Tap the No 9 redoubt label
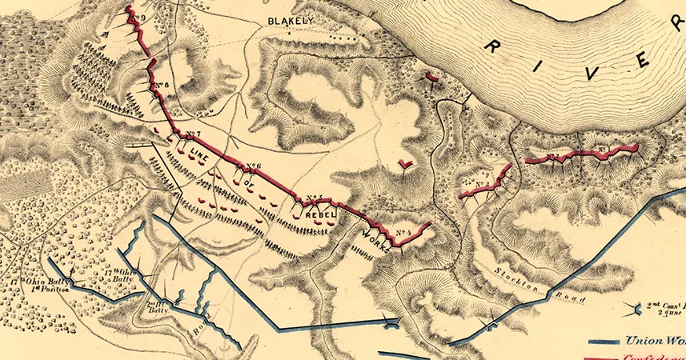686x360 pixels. [140, 14]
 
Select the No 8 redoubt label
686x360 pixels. [166, 85]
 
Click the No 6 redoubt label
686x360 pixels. [254, 167]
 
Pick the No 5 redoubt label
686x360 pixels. [314, 198]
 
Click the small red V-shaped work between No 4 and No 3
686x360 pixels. [407, 165]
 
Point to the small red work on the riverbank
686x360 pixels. [431, 77]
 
